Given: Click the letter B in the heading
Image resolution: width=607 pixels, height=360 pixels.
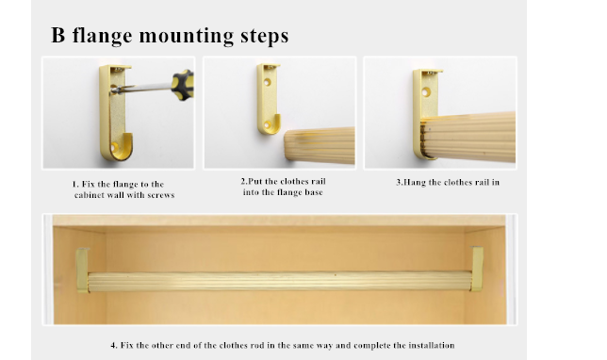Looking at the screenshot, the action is coord(57,35).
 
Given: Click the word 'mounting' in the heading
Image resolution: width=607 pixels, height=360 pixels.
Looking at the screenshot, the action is coord(187,37).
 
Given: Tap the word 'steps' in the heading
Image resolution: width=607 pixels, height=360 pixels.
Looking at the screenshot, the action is coord(265,37).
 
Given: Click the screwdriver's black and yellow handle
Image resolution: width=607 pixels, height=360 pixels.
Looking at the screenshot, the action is coord(182,85).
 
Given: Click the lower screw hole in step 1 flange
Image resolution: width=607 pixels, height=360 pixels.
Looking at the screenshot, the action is coord(114,147).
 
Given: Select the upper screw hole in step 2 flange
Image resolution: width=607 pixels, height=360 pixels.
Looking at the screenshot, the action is coord(268,82).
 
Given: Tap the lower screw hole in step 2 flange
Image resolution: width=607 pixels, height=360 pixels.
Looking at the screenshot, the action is coord(267,124).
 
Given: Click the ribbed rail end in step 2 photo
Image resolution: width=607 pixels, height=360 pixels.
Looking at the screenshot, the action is coord(320,145).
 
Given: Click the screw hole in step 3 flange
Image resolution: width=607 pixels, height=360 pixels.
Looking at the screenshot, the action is coord(426,92).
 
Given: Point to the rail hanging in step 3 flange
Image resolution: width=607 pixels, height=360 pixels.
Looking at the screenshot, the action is coord(468,137).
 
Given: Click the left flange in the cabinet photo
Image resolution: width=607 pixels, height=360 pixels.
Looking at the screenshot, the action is coord(82,270).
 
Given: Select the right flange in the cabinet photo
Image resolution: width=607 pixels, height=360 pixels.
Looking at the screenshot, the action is coord(477,269).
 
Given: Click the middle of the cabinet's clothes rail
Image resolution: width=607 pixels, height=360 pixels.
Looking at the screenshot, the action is coord(280,282).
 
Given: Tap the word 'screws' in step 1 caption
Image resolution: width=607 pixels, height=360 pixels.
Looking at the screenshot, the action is coord(161,195).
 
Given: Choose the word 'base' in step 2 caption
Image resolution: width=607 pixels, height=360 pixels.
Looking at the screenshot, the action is coord(314,192).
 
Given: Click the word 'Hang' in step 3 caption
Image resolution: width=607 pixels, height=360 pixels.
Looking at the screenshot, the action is coord(414,182).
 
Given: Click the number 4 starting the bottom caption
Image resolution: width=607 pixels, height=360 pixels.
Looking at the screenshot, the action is coord(114,345).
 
